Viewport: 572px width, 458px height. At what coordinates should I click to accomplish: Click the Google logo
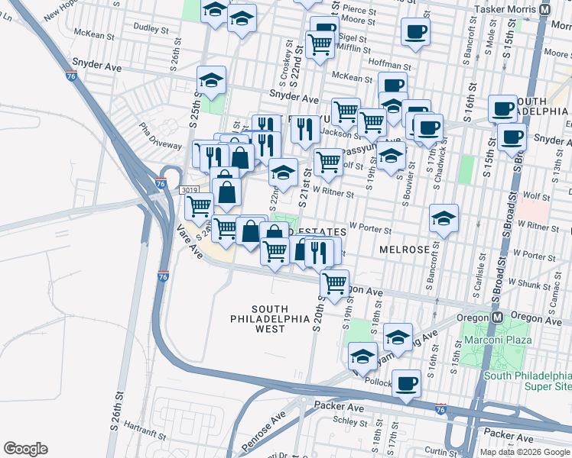[x=25, y=449]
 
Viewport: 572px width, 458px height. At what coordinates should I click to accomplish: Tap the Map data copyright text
[x=525, y=452]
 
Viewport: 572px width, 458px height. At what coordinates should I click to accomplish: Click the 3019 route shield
[x=190, y=189]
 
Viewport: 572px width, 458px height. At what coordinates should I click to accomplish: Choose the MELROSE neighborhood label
[x=404, y=250]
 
